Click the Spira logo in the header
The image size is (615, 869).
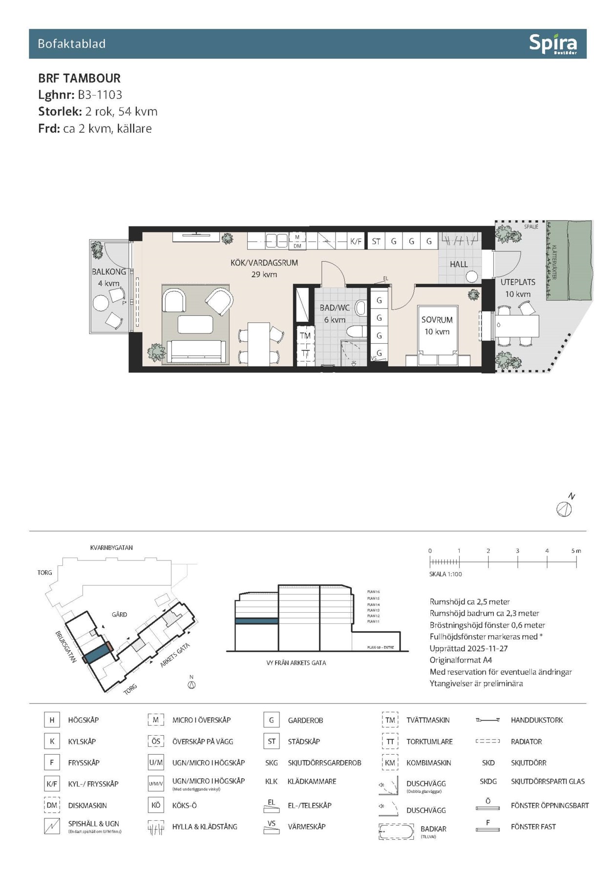pos(553,44)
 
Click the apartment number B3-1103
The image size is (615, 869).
pos(100,95)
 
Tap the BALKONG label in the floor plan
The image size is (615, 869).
pos(108,271)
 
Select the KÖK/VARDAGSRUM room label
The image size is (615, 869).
pos(264,263)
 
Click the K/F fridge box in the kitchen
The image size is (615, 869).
pos(356,241)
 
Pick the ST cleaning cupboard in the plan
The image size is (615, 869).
pos(376,241)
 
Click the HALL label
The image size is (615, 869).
pos(459,264)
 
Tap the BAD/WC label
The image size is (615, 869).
pos(335,308)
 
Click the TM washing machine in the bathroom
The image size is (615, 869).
pos(305,336)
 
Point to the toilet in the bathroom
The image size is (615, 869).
pos(356,332)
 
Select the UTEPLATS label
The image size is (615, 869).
pos(518,282)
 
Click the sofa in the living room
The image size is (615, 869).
pos(196,352)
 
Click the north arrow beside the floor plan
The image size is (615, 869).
pos(564,509)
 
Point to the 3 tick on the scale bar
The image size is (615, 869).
pos(517,561)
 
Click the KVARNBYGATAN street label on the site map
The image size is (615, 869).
pos(111,548)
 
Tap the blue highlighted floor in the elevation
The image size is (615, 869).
pos(256,621)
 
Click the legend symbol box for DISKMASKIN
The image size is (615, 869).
pos(52,806)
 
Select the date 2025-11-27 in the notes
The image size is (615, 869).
pos(484,648)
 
